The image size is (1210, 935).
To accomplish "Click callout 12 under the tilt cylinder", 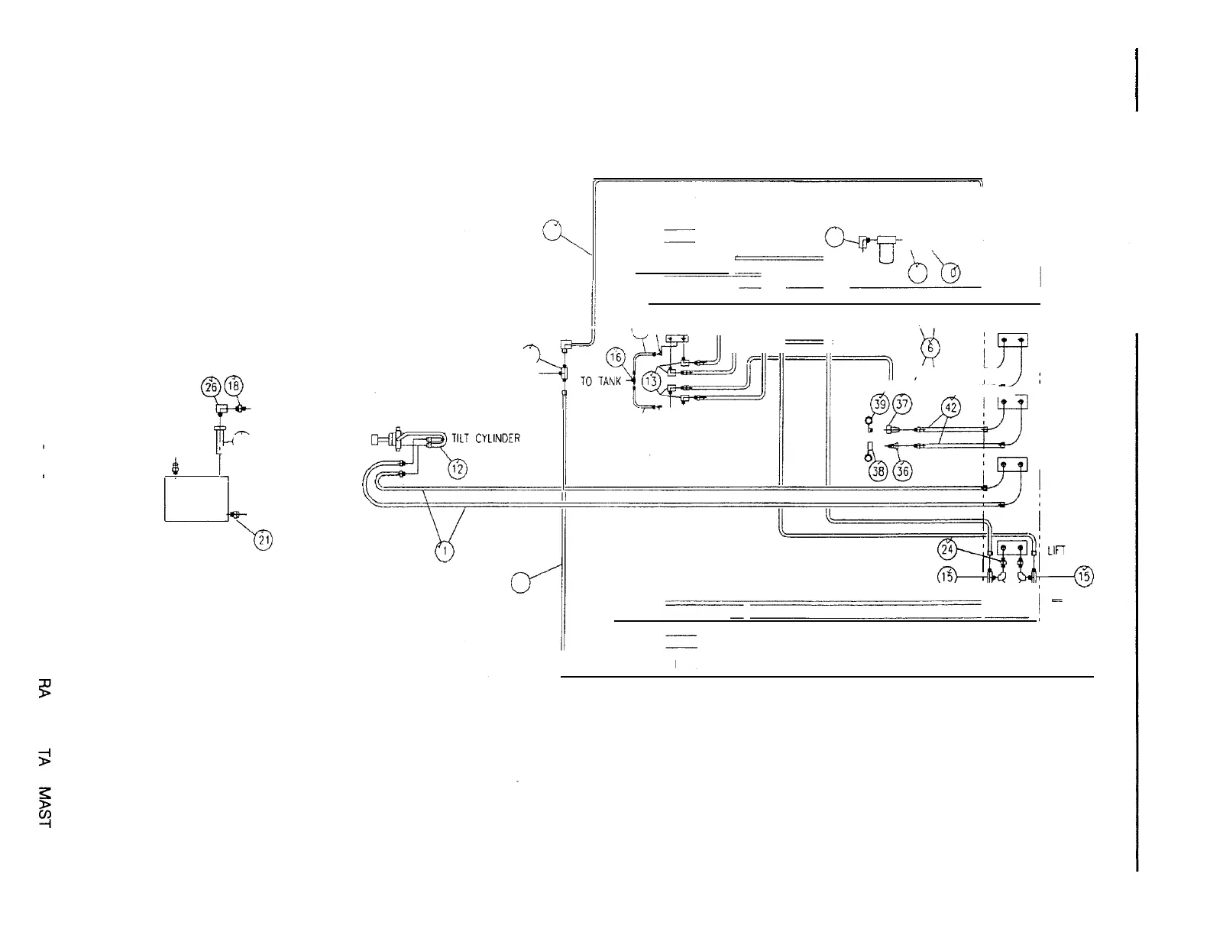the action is coord(457,468).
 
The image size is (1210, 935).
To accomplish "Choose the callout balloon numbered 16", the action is coord(616,357).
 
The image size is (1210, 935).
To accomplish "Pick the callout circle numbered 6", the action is coord(930,347).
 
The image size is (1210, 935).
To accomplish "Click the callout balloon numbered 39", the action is coord(880,404).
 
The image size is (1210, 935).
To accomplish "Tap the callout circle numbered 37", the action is coord(904,404).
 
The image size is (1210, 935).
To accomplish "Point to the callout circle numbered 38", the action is coord(879,471).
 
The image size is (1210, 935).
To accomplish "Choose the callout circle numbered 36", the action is coord(902,471).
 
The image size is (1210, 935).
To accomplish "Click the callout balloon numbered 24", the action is coord(947,548).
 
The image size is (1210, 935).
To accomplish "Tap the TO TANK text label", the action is coord(601,381).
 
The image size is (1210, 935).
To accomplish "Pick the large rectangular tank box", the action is coord(196,498).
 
